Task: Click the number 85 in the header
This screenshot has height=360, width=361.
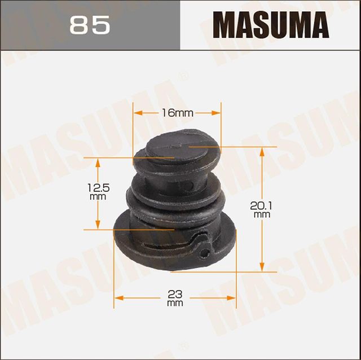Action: (x=90, y=25)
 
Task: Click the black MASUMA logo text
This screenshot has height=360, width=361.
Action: (x=270, y=25)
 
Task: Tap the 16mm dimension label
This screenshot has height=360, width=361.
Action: (x=177, y=113)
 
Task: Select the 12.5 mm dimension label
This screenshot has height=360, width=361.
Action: (x=98, y=192)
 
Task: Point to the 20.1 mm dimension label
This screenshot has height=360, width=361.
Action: (x=261, y=210)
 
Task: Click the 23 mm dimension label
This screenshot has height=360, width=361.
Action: (x=175, y=297)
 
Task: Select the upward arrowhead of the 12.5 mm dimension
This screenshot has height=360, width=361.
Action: (x=98, y=162)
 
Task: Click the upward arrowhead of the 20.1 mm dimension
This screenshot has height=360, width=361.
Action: (x=262, y=150)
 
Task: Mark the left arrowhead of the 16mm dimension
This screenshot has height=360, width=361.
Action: (x=137, y=113)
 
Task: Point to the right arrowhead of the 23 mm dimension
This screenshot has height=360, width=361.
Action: (x=232, y=297)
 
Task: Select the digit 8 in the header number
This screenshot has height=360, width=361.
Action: (x=80, y=25)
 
